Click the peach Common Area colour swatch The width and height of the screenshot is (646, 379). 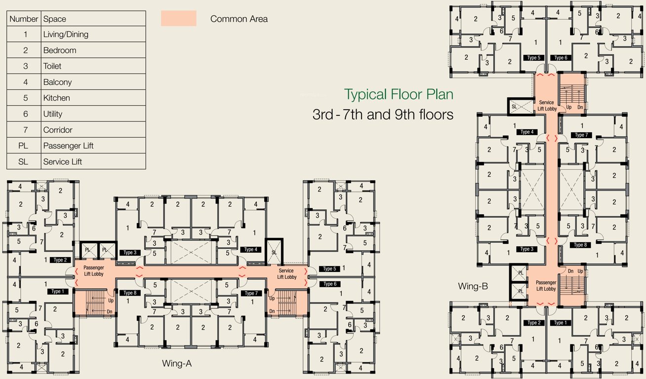178,19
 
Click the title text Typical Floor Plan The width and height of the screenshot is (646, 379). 399,94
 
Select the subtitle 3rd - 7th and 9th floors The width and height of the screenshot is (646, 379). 383,114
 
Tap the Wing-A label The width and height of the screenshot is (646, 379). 177,364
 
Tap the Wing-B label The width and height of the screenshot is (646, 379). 473,286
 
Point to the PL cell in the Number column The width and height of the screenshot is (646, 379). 23,146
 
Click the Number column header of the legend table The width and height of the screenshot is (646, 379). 24,19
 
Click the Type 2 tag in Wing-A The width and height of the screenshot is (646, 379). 60,260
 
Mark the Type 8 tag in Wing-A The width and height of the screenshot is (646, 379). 129,293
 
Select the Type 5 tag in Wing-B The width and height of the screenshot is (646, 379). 534,58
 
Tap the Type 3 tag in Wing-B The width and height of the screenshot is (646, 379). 527,249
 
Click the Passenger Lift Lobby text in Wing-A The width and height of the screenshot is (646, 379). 93,270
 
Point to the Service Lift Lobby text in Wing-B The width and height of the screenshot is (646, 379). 546,106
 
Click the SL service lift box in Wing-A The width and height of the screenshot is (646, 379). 275,252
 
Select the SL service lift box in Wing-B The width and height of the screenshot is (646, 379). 514,107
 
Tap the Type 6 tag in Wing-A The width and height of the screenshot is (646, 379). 329,284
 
